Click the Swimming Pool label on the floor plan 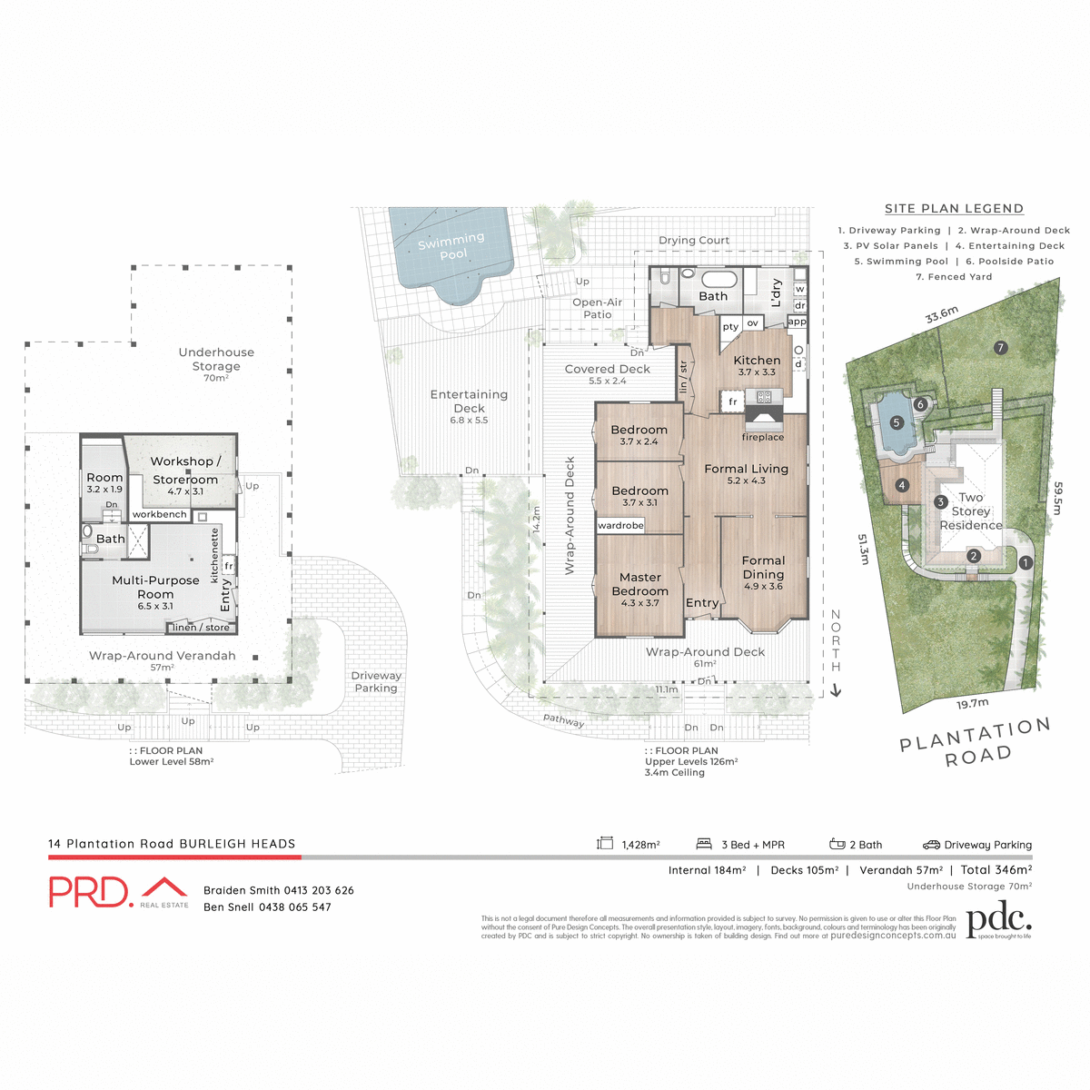[x=451, y=245]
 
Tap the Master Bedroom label [x=640, y=584]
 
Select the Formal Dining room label [x=763, y=568]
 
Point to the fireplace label [x=763, y=437]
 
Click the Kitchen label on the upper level [x=757, y=361]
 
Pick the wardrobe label [x=620, y=525]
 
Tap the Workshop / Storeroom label [x=185, y=471]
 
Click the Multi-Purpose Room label [x=155, y=587]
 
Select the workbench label [x=160, y=514]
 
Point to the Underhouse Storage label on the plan [x=216, y=359]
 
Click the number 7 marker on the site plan [x=1000, y=347]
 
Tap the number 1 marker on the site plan [x=1026, y=562]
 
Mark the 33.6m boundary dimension [x=942, y=314]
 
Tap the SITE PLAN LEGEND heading [x=954, y=209]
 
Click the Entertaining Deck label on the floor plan [x=469, y=401]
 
